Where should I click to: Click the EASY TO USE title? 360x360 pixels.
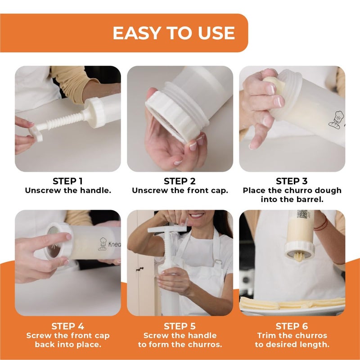click(x=173, y=33)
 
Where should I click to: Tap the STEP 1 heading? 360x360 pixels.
click(x=67, y=181)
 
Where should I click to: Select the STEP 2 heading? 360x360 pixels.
click(x=180, y=181)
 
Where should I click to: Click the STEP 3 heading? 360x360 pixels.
click(x=292, y=181)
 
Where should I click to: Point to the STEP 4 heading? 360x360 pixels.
click(x=67, y=326)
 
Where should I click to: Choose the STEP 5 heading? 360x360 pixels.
click(x=180, y=326)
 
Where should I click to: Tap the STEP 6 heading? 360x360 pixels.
click(x=292, y=326)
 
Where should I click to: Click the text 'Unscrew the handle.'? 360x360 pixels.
click(x=67, y=190)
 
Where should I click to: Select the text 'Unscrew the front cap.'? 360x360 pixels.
click(x=180, y=190)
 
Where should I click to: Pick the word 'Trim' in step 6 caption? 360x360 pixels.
click(x=266, y=335)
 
